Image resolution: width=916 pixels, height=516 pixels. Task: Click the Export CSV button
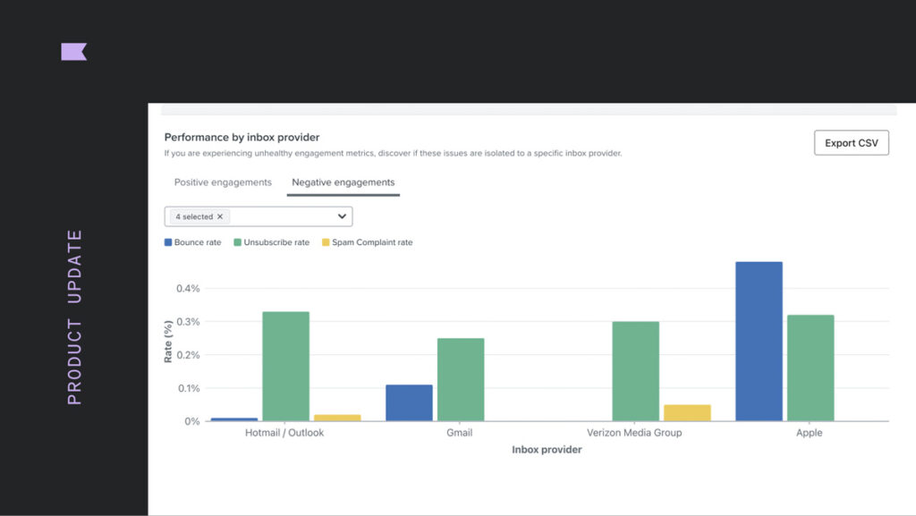coord(851,143)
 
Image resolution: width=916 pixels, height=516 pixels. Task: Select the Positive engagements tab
coord(223,182)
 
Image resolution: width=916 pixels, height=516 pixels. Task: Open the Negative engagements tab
coord(343,182)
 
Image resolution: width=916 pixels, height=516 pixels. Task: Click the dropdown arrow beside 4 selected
coord(342,216)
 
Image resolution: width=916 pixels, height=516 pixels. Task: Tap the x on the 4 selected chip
coord(220,216)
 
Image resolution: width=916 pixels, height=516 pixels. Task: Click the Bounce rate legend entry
coord(192,242)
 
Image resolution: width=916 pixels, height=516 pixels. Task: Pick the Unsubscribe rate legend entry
coord(271,242)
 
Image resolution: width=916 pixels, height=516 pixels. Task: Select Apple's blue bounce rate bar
coord(759,341)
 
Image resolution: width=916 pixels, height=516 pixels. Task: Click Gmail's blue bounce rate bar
coord(409,402)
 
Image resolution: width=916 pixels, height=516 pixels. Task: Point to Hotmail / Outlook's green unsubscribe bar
coord(285,366)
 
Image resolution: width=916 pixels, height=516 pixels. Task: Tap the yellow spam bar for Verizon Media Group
coord(687,412)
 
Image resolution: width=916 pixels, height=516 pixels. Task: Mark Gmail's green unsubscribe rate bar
coord(461,379)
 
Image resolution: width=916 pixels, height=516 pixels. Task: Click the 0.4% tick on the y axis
coord(188,289)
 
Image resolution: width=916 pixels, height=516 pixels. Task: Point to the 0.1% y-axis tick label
coord(188,388)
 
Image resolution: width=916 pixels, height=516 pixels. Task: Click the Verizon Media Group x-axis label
coord(634,433)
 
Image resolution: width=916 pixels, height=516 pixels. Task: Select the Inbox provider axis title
coord(547,450)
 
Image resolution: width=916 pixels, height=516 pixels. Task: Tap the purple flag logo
coord(73,52)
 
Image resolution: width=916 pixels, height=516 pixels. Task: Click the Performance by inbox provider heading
coord(242,138)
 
